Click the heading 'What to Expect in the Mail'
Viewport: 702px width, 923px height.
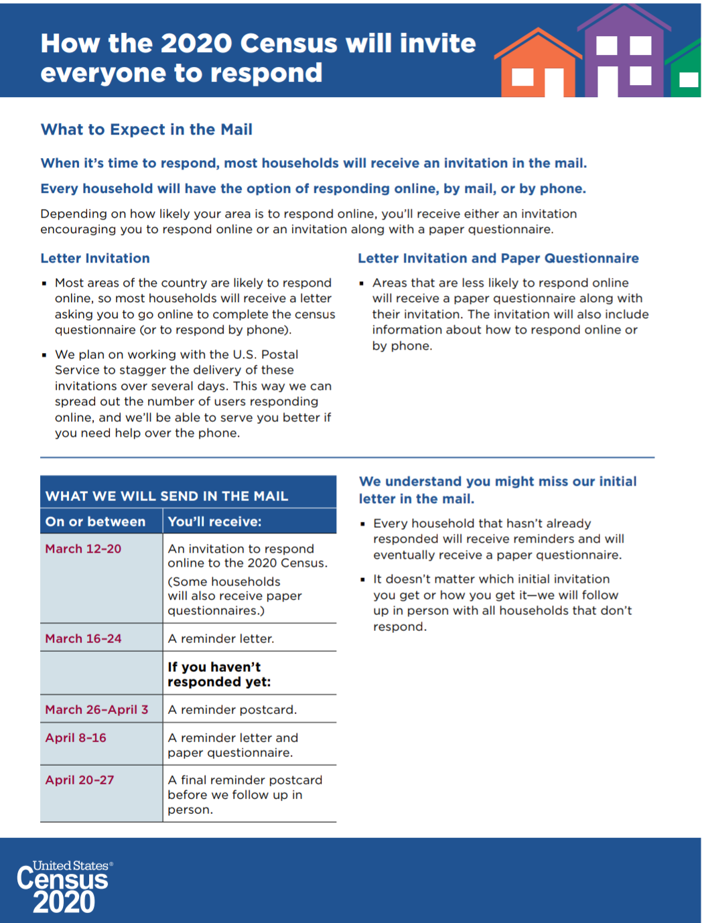(x=146, y=129)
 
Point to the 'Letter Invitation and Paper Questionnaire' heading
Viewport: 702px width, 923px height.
(x=498, y=259)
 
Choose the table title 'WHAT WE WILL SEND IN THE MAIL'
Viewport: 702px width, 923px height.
(x=167, y=496)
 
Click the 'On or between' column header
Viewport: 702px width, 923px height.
(x=95, y=522)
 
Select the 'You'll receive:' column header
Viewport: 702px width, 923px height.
(x=214, y=522)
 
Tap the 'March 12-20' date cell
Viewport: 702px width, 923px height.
(x=83, y=549)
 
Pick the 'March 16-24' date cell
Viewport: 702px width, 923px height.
(x=83, y=638)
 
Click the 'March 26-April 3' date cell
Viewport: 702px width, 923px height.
(x=96, y=709)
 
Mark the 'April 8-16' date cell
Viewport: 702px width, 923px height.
(x=76, y=737)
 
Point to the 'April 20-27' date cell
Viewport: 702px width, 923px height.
(x=80, y=780)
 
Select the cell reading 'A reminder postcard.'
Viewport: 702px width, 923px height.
(x=232, y=709)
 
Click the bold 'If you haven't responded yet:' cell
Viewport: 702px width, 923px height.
(x=219, y=674)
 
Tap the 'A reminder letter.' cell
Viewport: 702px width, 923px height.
(x=220, y=638)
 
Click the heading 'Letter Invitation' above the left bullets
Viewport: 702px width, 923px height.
(x=95, y=259)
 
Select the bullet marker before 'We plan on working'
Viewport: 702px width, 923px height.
(x=44, y=355)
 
